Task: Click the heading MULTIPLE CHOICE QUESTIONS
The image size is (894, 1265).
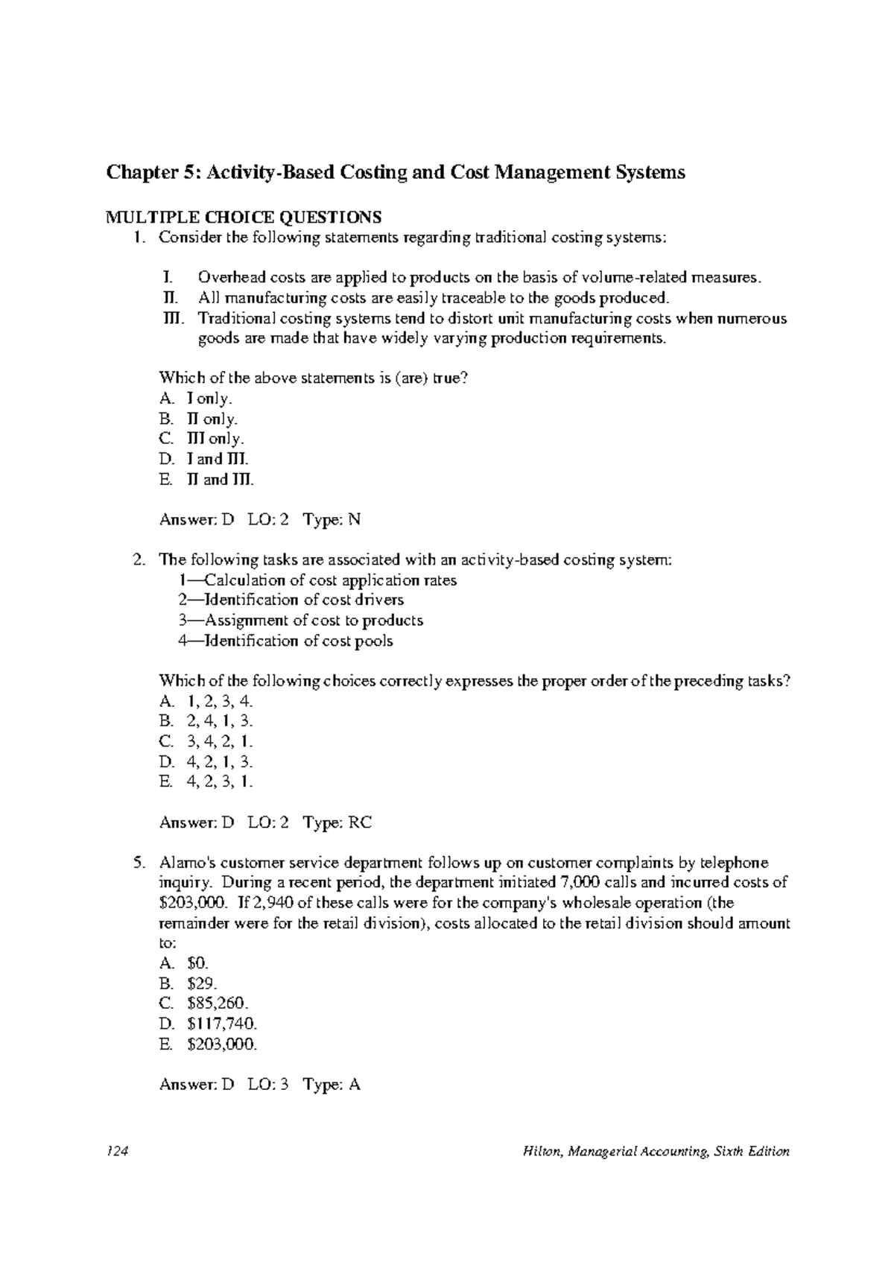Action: pyautogui.click(x=244, y=217)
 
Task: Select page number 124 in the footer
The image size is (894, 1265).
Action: pyautogui.click(x=118, y=1151)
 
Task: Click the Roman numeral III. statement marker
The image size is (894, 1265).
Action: pyautogui.click(x=172, y=319)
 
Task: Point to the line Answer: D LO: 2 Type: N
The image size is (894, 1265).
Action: pyautogui.click(x=260, y=519)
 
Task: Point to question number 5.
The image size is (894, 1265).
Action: pyautogui.click(x=137, y=863)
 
